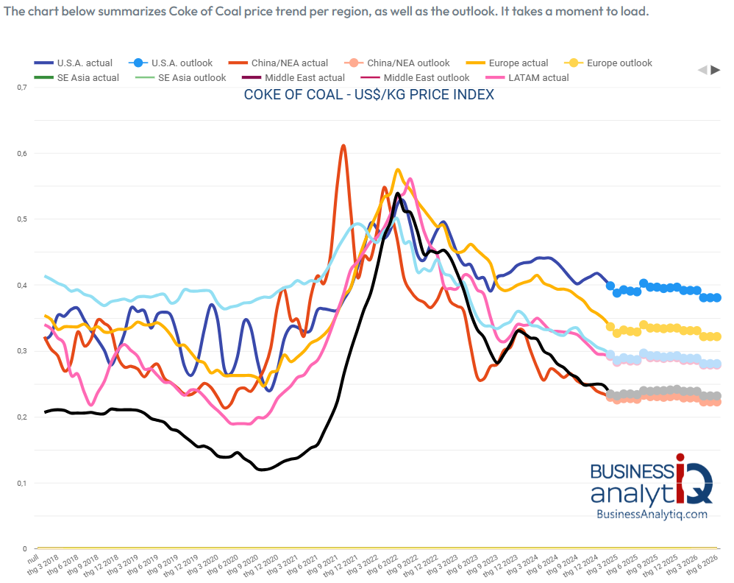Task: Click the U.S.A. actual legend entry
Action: click(x=78, y=63)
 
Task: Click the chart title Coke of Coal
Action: click(x=368, y=95)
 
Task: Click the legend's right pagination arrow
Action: click(x=715, y=70)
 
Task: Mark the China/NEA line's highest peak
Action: click(x=343, y=146)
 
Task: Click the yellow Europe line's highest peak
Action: click(x=398, y=170)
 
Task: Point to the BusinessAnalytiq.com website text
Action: click(x=652, y=515)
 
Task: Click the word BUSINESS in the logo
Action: click(x=631, y=472)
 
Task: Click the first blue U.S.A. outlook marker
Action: click(x=610, y=286)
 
